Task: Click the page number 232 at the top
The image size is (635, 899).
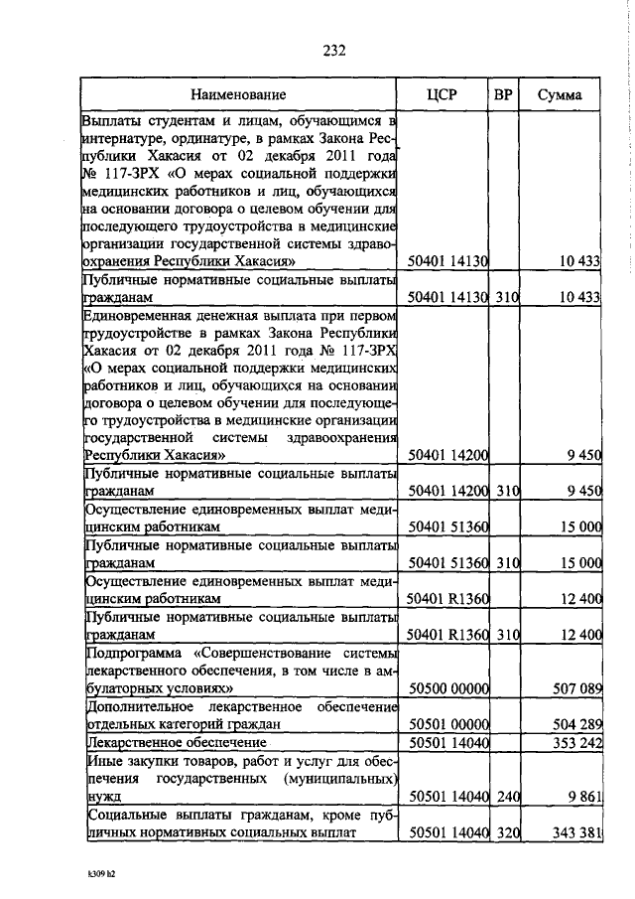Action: point(333,53)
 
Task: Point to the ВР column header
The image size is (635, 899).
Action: point(504,95)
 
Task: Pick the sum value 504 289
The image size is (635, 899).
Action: point(574,724)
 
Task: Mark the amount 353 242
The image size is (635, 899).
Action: point(574,742)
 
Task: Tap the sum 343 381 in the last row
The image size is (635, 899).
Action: point(574,831)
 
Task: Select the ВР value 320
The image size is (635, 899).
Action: point(507,831)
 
